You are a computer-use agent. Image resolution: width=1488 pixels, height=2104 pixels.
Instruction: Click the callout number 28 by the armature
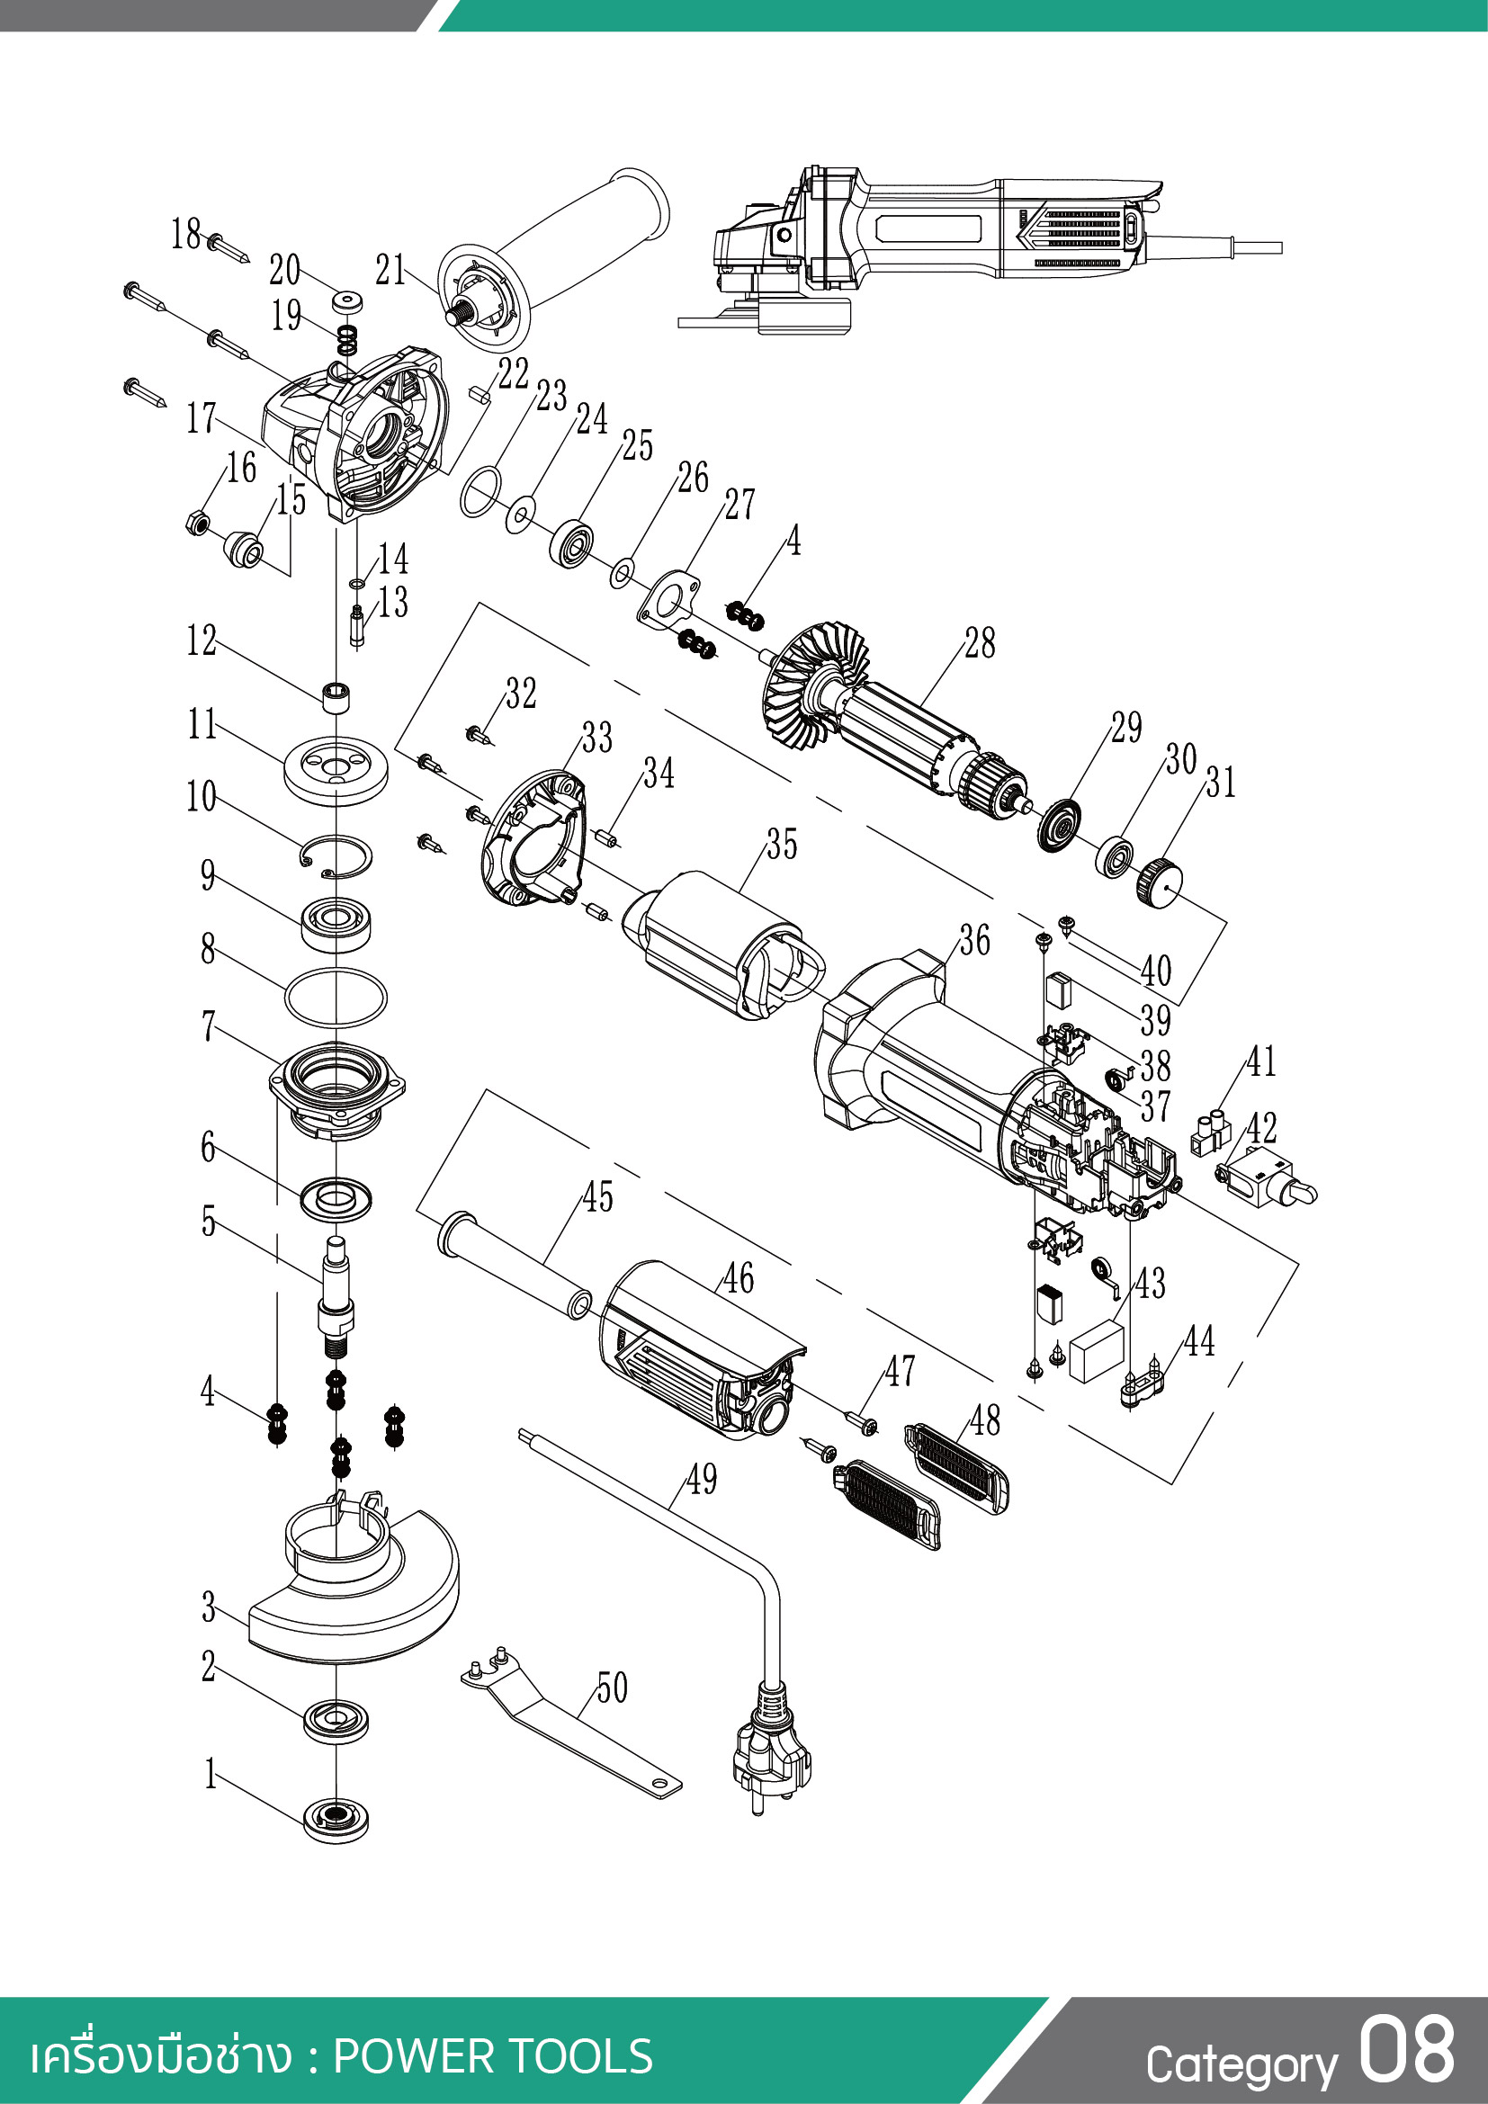[x=980, y=643]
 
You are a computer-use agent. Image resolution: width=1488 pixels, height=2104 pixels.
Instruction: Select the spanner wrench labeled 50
[x=568, y=1723]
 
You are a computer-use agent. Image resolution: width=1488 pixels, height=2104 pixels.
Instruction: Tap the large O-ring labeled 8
[x=336, y=997]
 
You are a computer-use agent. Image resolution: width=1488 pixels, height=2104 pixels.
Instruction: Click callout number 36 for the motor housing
[x=975, y=940]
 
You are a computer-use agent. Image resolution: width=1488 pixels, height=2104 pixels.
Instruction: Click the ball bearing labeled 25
[x=572, y=542]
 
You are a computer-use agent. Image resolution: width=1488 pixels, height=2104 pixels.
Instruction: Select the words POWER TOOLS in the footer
[x=493, y=2055]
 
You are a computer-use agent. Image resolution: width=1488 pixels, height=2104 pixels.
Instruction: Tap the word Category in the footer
[x=1241, y=2064]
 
